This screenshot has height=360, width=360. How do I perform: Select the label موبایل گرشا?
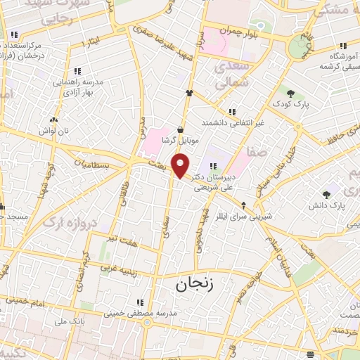(x=181, y=141)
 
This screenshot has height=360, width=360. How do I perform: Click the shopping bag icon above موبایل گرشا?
(x=181, y=129)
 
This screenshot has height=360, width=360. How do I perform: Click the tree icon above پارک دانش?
(x=326, y=195)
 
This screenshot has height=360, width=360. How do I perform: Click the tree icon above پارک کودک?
(x=290, y=92)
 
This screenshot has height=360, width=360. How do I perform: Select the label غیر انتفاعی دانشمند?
(x=231, y=122)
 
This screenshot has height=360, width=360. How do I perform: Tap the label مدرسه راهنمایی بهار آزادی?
(x=78, y=86)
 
